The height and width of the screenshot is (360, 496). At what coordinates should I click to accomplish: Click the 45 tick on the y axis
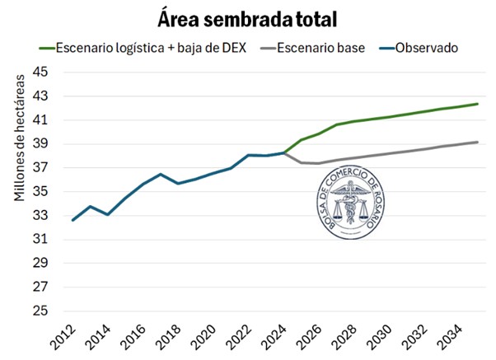(41, 72)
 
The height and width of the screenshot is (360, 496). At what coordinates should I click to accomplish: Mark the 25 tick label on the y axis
(41, 311)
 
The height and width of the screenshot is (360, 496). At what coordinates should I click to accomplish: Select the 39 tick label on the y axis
(41, 144)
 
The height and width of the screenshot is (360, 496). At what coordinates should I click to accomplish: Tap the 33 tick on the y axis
(41, 216)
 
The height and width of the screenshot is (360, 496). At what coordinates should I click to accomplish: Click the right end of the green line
(478, 104)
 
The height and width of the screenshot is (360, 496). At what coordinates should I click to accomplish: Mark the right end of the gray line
(478, 142)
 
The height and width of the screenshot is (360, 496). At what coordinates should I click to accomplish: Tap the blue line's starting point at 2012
(73, 220)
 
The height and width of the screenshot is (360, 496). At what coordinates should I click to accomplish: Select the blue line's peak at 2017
(161, 174)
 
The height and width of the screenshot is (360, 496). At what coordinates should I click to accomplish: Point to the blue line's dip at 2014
(108, 214)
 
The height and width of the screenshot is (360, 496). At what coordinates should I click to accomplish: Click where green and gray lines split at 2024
(283, 152)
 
